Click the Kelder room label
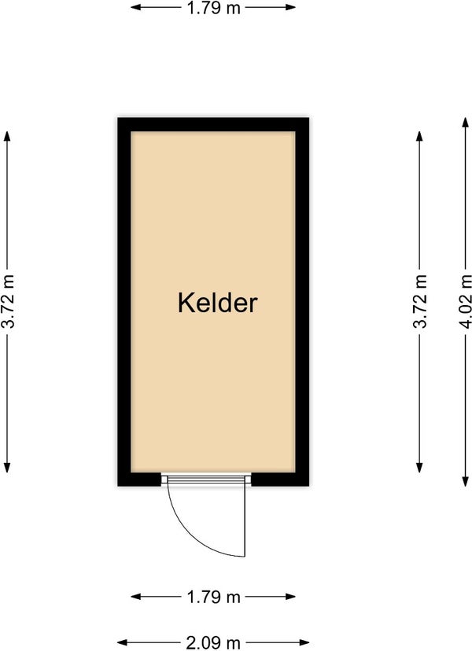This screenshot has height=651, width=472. click(217, 303)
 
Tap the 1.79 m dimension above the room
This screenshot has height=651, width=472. click(213, 8)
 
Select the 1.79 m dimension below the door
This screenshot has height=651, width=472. click(213, 597)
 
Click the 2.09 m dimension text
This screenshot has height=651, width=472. click(213, 643)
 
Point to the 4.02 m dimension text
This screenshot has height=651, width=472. click(465, 302)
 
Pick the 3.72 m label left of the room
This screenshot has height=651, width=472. click(8, 302)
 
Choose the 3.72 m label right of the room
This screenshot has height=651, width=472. click(419, 302)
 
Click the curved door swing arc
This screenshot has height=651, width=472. click(195, 535)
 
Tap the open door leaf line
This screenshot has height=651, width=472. click(245, 520)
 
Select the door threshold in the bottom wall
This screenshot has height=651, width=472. click(206, 480)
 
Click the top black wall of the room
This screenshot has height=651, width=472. click(213, 124)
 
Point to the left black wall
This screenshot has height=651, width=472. click(124, 302)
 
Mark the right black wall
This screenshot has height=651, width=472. click(302, 302)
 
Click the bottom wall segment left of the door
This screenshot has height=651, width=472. click(139, 479)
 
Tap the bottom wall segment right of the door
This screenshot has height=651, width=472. click(281, 479)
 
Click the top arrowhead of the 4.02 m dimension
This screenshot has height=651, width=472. click(466, 122)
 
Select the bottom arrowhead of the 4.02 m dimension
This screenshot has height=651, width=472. click(466, 482)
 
